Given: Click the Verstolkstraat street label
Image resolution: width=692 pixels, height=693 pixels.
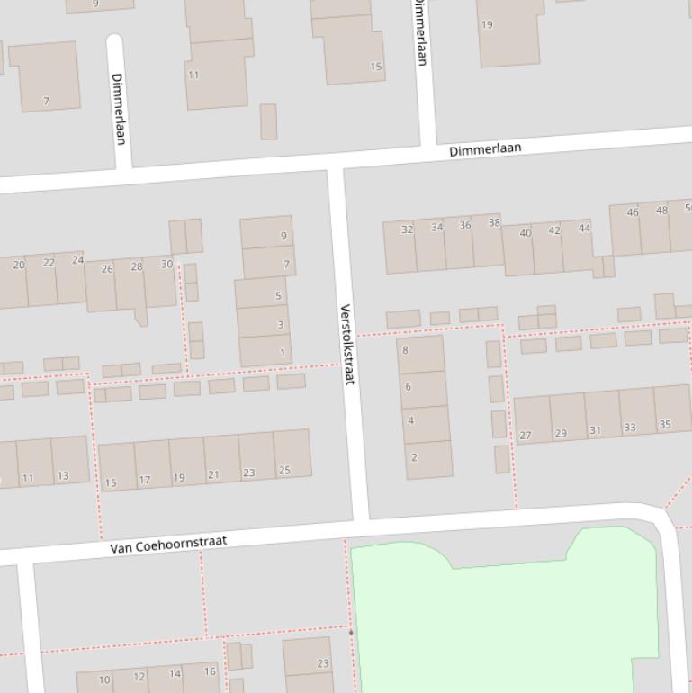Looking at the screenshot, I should pyautogui.click(x=347, y=345).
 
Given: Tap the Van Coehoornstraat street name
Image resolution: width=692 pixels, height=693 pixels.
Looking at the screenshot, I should pyautogui.click(x=168, y=544).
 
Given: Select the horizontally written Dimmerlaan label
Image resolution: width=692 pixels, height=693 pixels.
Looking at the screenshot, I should pyautogui.click(x=485, y=149).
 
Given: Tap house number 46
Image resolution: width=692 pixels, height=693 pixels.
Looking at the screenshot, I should pyautogui.click(x=625, y=229).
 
